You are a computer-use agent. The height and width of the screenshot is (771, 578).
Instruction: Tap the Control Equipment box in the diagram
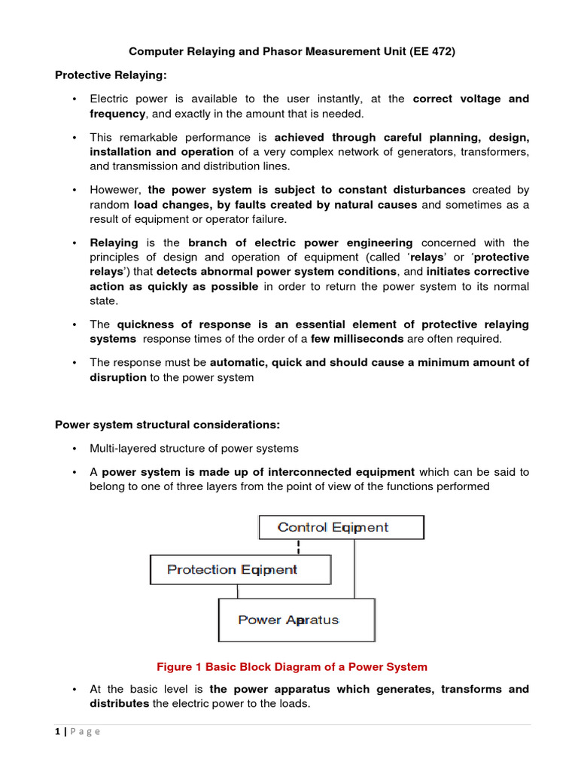[x=341, y=527]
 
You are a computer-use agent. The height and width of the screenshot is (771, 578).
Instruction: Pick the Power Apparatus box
[x=296, y=620]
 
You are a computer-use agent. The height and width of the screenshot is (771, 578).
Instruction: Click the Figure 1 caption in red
[x=291, y=666]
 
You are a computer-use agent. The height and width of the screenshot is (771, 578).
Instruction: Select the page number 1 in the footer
[x=58, y=731]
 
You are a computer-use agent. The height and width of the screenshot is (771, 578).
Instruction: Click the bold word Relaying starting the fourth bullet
[x=114, y=242]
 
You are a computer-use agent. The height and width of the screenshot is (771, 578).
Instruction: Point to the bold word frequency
[x=117, y=114]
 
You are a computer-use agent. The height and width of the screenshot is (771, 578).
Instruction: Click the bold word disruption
[x=118, y=377]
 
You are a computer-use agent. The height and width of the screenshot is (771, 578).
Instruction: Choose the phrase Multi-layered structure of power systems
[x=194, y=448]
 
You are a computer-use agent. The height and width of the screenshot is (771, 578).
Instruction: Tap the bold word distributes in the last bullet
[x=119, y=703]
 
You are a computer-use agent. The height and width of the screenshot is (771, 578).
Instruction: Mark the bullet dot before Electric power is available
[x=74, y=99]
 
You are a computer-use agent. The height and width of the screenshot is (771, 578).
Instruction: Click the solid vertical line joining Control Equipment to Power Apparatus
[x=354, y=568]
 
